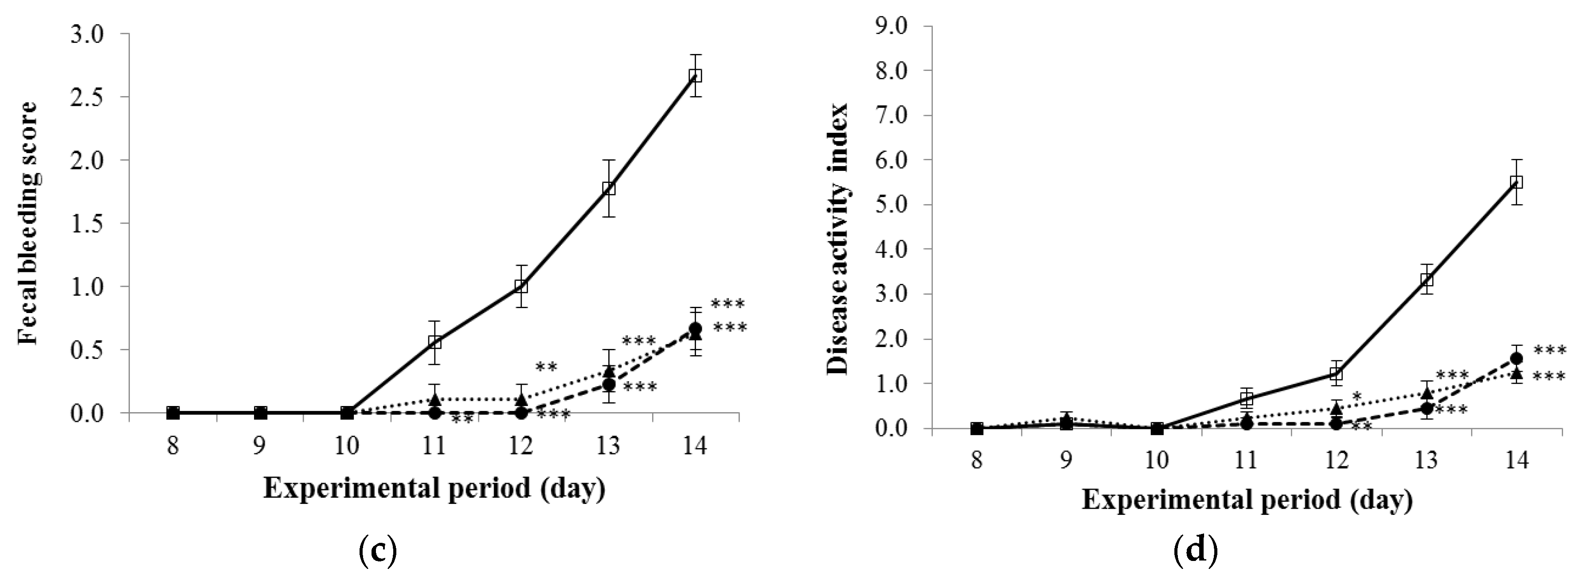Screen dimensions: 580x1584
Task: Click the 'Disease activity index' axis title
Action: pyautogui.click(x=837, y=238)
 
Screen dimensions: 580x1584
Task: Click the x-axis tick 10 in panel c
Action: pyautogui.click(x=347, y=445)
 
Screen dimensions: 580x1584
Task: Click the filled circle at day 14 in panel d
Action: pyautogui.click(x=1516, y=358)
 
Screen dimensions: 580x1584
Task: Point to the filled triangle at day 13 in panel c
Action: pyautogui.click(x=609, y=372)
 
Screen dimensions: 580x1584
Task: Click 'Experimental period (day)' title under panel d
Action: pyautogui.click(x=1247, y=499)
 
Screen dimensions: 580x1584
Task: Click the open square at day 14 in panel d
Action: pyautogui.click(x=1516, y=182)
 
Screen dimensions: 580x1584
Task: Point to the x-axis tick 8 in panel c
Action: pyautogui.click(x=173, y=445)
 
